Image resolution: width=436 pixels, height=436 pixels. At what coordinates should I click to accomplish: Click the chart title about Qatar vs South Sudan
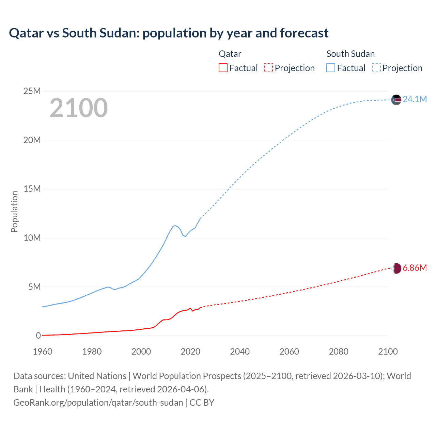169,33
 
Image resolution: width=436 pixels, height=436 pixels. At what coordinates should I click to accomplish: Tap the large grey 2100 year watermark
79,108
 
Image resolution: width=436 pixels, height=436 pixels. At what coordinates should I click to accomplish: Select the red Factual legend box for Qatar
223,68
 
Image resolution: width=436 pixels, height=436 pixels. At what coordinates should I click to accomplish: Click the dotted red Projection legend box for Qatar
268,68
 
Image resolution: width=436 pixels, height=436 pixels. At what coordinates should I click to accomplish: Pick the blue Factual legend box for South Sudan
331,68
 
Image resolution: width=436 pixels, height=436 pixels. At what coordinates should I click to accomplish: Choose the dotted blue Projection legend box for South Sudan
376,68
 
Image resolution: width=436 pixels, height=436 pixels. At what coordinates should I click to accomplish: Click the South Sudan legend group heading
351,54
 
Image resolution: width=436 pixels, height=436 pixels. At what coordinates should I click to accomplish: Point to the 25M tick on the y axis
32,91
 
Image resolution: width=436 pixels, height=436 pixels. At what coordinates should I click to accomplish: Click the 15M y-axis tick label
32,189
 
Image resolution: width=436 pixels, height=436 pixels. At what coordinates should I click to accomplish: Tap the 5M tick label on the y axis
34,287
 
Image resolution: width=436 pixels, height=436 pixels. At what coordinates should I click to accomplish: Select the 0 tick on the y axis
38,336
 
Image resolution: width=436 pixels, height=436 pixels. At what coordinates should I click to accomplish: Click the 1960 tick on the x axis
43,352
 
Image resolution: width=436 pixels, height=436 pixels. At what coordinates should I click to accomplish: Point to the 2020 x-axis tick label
190,352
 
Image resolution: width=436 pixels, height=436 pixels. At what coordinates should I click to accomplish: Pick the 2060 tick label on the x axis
289,352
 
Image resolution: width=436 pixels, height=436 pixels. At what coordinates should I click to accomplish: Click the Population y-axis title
14,212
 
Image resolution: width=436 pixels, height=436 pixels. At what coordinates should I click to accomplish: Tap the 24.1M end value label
415,99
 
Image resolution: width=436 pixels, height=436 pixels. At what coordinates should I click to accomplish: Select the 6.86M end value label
415,268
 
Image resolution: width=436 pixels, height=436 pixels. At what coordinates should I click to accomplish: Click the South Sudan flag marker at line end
396,100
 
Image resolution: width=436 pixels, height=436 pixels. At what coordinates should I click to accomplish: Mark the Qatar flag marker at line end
396,268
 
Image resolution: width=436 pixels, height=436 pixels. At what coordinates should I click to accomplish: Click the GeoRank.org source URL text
98,403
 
